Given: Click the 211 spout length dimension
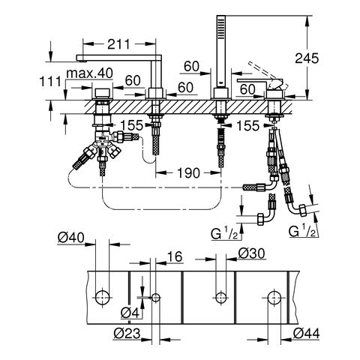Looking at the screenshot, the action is coord(118,44).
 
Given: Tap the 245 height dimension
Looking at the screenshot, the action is coord(307,58).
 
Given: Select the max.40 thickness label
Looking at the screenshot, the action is coord(90,73).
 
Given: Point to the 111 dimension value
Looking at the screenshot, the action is coord(50,81).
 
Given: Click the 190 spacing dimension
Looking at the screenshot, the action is coord(189,173).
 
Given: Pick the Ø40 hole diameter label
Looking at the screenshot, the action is coord(71,238).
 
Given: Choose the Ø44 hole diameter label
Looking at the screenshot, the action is coord(306,333).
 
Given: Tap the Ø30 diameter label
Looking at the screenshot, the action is coord(251,253).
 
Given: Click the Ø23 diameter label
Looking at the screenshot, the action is coord(127,333).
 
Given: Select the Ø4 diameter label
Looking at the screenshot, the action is coord(130,313).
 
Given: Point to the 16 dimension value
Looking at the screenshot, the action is coord(175,256).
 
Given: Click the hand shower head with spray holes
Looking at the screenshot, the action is coord(221,28).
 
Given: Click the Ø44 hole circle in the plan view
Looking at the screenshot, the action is coord(274,298).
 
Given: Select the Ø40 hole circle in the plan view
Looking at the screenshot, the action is coord(103,298).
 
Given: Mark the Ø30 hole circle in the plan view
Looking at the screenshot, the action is coord(221,298).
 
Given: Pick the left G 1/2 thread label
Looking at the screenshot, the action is coord(224,234).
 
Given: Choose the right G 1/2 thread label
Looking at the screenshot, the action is coord(302,231).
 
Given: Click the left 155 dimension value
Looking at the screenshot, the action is coord(132,125).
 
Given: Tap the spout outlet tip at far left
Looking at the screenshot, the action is coord(82,59).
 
